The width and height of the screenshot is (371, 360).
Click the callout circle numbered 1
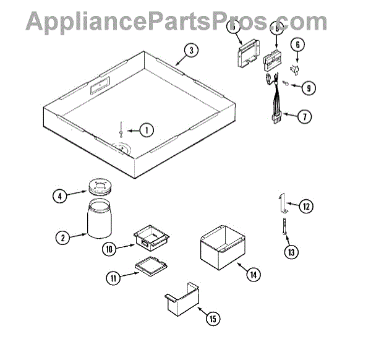(145, 131)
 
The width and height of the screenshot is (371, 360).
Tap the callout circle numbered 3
(192, 51)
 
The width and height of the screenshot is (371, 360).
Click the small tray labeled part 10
(151, 236)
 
